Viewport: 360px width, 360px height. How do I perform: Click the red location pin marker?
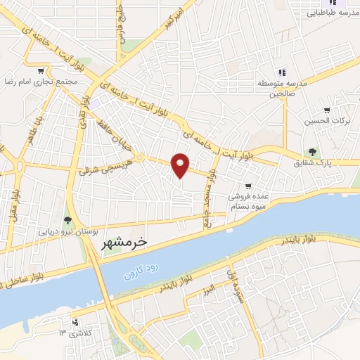[181, 165]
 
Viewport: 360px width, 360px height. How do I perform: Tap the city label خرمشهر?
[127, 241]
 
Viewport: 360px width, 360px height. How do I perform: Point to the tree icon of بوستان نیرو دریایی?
[67, 220]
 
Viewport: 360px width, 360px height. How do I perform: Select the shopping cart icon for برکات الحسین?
[327, 110]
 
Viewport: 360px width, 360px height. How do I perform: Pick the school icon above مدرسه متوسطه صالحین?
[281, 72]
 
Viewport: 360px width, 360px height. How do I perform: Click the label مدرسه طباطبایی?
[330, 13]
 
